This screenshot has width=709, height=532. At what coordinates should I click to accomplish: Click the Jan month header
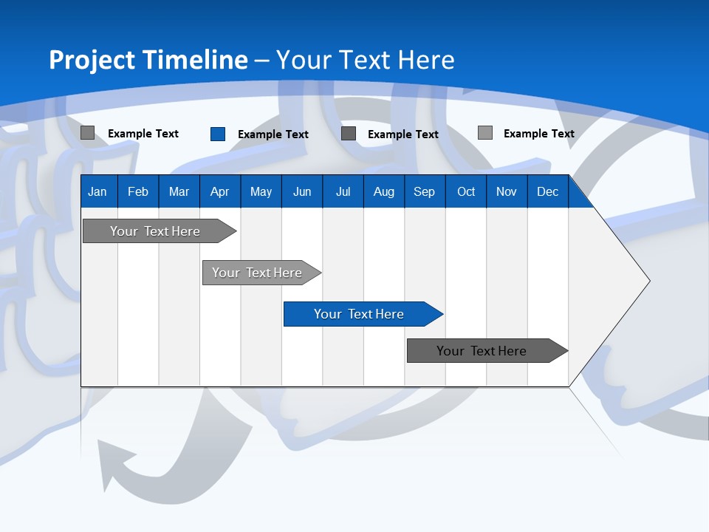tap(97, 191)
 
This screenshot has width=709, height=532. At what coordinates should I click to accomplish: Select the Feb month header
tap(138, 191)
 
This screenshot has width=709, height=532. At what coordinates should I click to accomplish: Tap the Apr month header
tap(219, 191)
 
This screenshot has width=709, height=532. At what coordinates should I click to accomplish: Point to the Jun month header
tap(302, 191)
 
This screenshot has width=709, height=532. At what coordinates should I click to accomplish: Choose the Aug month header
tap(383, 191)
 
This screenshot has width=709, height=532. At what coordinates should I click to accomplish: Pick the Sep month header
tap(424, 191)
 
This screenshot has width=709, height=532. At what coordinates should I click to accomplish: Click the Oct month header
tap(466, 191)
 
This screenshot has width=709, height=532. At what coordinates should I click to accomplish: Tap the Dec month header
tap(547, 191)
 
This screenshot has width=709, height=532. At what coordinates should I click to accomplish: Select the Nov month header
tap(507, 191)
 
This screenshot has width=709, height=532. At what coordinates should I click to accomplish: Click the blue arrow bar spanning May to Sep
tap(360, 314)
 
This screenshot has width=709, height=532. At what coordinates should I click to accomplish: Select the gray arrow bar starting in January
tap(156, 231)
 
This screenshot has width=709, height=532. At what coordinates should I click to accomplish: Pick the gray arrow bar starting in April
tap(258, 273)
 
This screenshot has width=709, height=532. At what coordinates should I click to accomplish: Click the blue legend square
tap(218, 134)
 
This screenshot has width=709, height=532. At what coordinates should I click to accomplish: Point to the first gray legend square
tap(88, 133)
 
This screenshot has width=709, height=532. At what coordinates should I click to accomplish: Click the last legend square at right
tap(485, 133)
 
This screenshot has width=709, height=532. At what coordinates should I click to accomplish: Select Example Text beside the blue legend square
tap(273, 134)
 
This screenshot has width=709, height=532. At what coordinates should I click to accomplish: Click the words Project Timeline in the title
tap(148, 60)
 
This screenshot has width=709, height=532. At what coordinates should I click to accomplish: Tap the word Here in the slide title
tap(426, 60)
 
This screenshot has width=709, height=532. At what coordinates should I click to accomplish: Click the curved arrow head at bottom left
tap(114, 462)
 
